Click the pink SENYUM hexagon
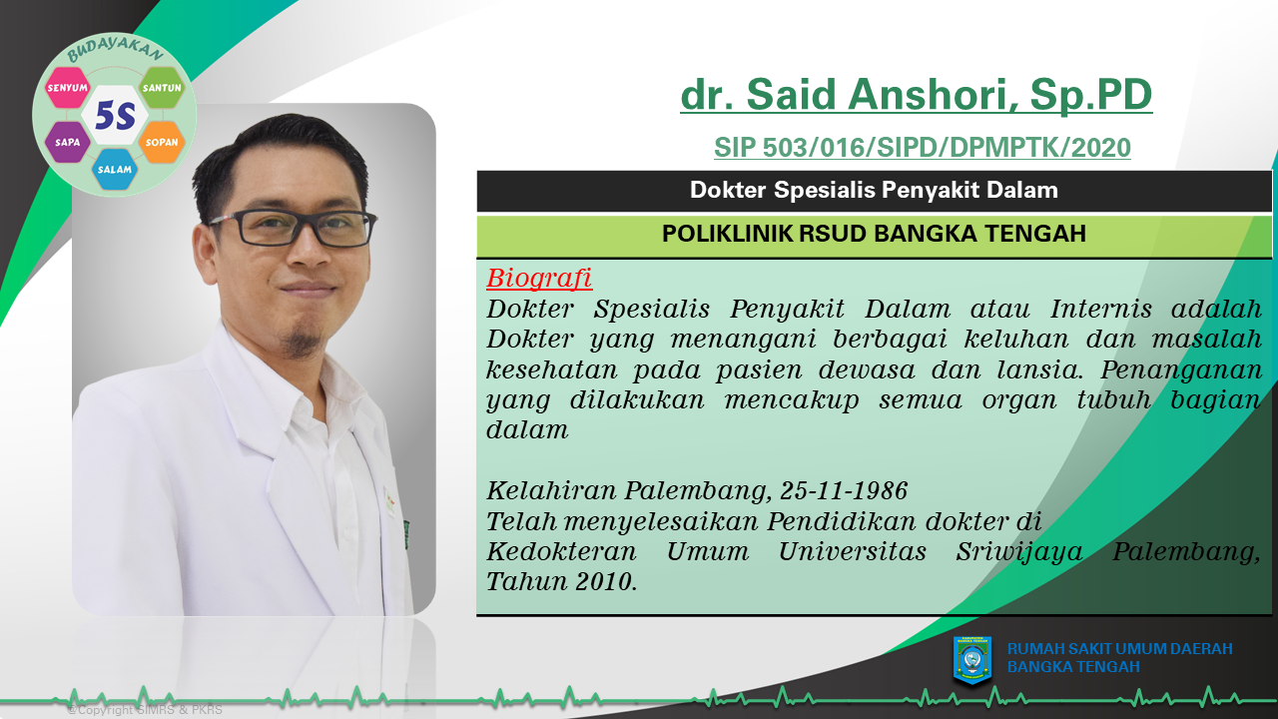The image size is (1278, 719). tap(67, 87)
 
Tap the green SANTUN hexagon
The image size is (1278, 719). tap(162, 87)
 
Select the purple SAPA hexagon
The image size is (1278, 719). tap(67, 142)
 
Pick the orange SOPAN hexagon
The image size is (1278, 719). tap(162, 142)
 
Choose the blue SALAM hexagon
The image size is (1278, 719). tap(115, 170)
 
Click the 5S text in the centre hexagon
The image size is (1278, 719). tap(115, 115)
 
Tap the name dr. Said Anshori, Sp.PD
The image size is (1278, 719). tap(917, 94)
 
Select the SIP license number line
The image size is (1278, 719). tap(922, 148)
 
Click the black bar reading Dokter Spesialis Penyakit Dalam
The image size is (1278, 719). tap(874, 191)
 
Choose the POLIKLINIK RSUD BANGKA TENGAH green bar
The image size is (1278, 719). tap(874, 234)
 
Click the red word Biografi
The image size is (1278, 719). tap(539, 279)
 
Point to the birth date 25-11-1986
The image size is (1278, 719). tap(844, 490)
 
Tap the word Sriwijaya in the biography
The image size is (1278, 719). tap(1019, 552)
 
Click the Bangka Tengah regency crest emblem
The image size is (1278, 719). tap(972, 660)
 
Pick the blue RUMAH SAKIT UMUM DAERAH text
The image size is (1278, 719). tap(1119, 649)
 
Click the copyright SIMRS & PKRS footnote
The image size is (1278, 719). tap(145, 710)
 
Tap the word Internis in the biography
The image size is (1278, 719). tap(1101, 310)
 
